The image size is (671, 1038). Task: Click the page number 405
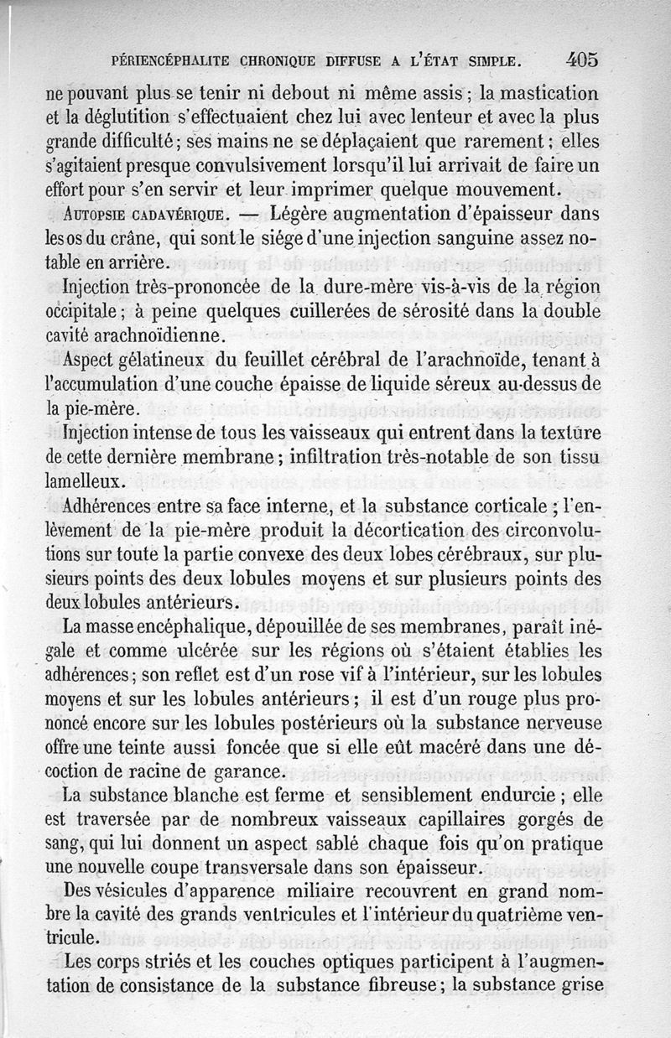582,60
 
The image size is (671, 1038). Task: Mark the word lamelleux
86,482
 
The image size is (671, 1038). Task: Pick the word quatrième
523,915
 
